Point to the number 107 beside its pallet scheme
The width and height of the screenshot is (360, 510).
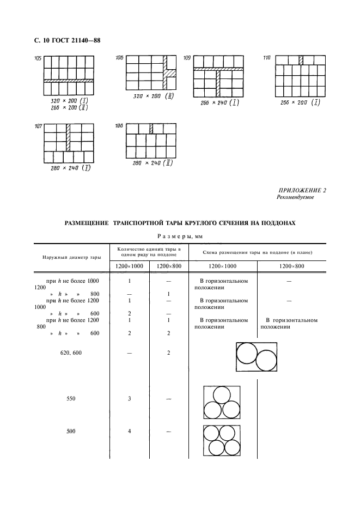(x=38, y=126)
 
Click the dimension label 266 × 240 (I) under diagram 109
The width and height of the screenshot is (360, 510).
(x=219, y=102)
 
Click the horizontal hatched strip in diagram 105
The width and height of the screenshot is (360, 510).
(x=68, y=80)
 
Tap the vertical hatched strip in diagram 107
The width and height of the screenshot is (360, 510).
(x=68, y=137)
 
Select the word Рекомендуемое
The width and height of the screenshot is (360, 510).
(x=295, y=197)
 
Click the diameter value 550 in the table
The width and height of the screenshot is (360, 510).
(x=71, y=399)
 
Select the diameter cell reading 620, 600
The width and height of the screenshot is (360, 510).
(x=70, y=353)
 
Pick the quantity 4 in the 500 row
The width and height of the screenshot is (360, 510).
(x=129, y=431)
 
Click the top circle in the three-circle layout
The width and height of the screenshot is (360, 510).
(x=221, y=394)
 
